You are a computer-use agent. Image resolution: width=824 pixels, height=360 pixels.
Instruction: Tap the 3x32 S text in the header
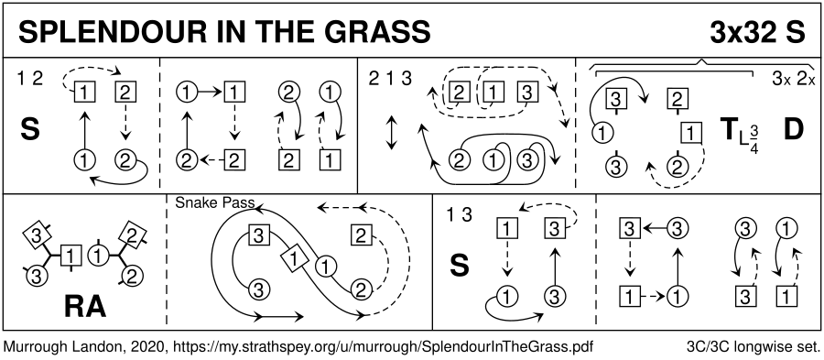pos(757,32)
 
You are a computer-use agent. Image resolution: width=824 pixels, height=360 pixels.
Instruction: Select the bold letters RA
pos(84,308)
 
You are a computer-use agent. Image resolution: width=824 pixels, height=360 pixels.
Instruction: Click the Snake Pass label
pos(215,202)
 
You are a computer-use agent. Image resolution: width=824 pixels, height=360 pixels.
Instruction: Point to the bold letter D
pos(793,130)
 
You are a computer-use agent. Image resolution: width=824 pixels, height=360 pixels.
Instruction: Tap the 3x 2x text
pos(794,80)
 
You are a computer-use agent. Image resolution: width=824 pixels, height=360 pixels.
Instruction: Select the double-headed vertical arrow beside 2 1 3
pos(390,133)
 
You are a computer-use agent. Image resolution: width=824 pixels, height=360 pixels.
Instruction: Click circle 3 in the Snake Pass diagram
pos(257,289)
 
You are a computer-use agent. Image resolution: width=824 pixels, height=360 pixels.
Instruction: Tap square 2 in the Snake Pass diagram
pos(360,236)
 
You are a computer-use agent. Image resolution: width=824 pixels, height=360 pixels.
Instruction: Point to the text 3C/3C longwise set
pos(754,347)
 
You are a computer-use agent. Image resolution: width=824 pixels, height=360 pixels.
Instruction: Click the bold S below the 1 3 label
pos(460,266)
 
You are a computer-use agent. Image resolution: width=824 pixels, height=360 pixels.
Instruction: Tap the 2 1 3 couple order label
pos(390,80)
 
